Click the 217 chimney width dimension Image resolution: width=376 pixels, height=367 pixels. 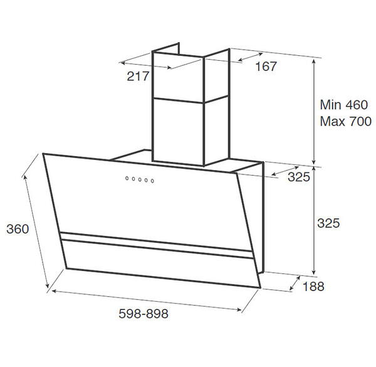point(138,77)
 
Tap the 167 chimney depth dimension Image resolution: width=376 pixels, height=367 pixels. point(266,66)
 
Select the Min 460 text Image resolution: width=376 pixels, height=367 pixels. point(343,105)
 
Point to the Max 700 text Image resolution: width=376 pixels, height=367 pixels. point(345,121)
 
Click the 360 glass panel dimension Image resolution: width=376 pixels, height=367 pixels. point(18,229)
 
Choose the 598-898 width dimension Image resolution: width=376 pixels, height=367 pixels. point(144,314)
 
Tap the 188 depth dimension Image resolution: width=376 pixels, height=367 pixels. point(313,286)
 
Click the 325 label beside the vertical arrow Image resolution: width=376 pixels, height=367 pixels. point(328,223)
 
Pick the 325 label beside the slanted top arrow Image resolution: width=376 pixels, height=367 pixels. point(299,177)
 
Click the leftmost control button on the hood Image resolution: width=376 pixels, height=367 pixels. point(127,178)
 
